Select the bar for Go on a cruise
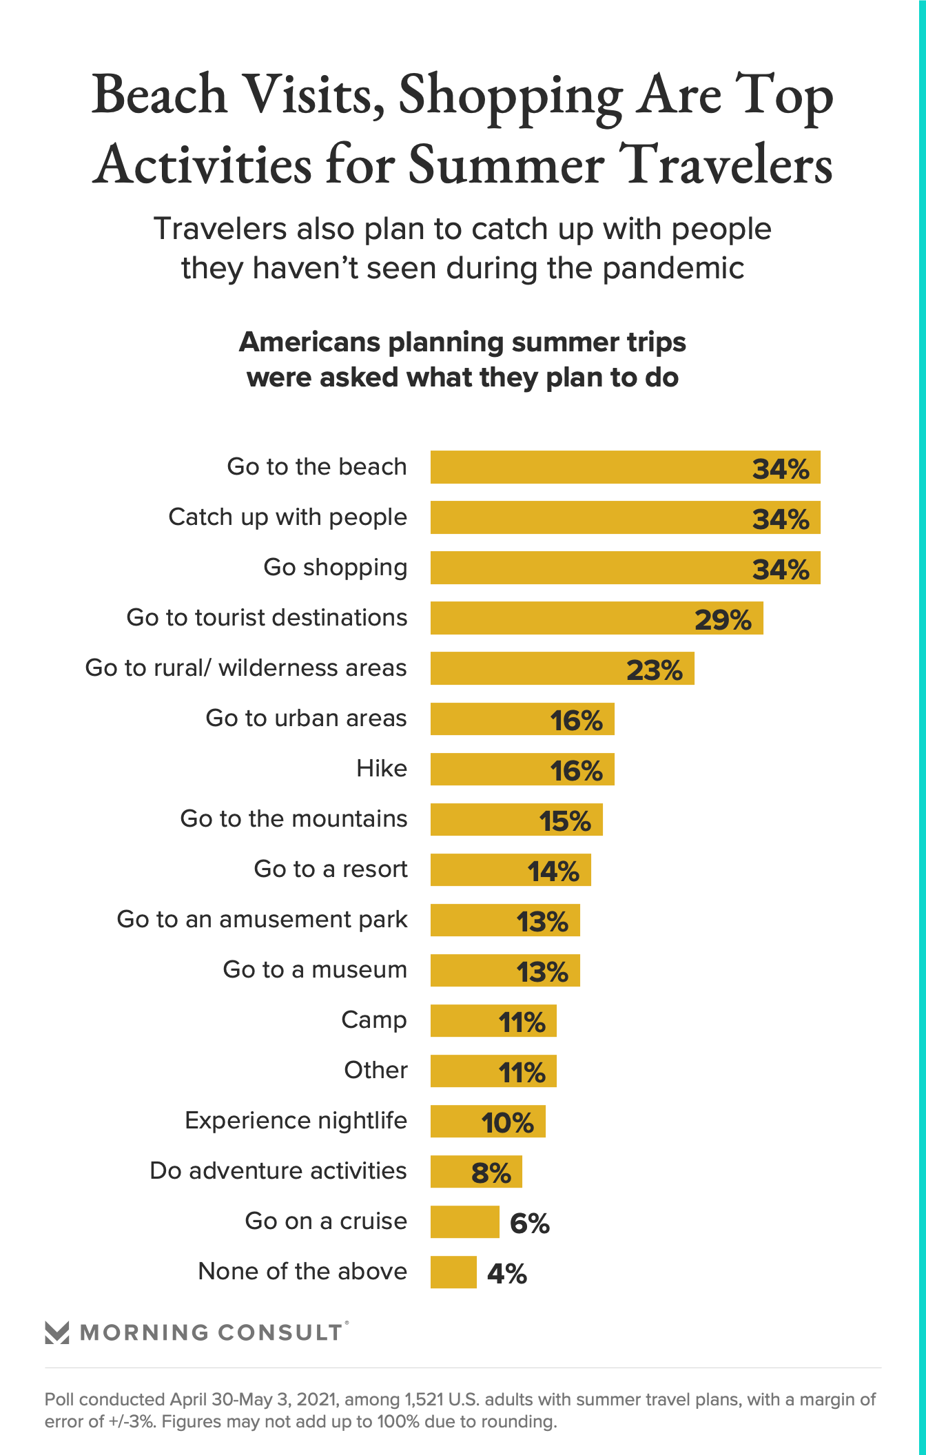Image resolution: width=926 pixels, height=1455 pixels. [464, 1221]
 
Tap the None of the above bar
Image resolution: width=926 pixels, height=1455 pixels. [453, 1272]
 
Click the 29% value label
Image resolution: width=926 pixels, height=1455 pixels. [723, 619]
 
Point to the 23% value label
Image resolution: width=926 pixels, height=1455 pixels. [654, 670]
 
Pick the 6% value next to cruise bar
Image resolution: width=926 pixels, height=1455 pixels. [529, 1223]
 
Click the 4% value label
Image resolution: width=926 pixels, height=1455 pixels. [506, 1273]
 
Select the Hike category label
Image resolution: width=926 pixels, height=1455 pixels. [381, 768]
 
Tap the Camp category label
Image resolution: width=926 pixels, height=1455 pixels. [373, 1020]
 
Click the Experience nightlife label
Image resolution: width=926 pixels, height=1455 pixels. [296, 1121]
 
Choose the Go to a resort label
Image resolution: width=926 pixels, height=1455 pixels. [330, 869]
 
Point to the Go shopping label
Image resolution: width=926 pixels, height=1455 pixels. [335, 568]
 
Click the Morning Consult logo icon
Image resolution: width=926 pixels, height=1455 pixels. [56, 1332]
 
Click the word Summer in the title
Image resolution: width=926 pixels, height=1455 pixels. [506, 165]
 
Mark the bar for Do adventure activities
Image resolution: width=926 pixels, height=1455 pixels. [475, 1171]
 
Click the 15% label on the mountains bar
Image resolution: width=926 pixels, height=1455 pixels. [564, 821]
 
